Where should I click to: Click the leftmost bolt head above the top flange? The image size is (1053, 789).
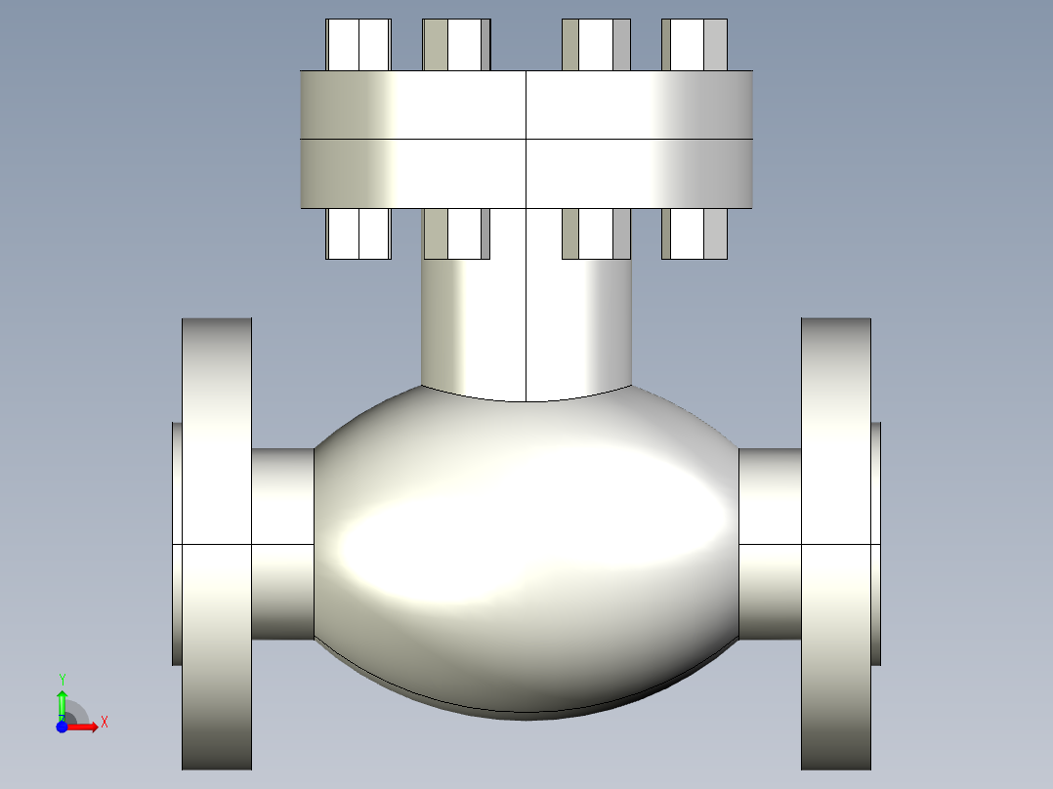[358, 45]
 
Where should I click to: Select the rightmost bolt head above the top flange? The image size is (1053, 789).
[695, 45]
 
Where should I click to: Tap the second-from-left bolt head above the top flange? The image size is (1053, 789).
[456, 45]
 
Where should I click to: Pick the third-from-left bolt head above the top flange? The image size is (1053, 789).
[596, 45]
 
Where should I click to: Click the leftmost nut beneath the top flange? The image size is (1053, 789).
[358, 234]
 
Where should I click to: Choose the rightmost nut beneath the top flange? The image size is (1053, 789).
[695, 234]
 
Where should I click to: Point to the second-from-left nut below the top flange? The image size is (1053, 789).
[456, 234]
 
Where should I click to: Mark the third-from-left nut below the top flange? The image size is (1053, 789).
[596, 234]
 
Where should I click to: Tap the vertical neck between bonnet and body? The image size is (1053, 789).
[526, 322]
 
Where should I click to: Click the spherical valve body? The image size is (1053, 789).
[526, 547]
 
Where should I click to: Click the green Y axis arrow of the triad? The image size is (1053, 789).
[62, 699]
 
